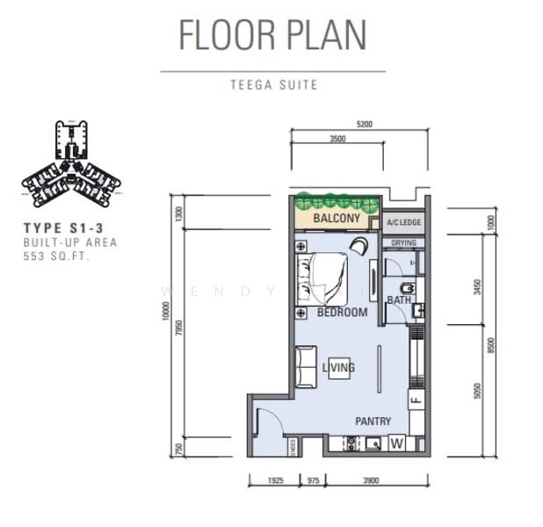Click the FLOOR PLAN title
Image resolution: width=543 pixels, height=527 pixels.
[x=272, y=34]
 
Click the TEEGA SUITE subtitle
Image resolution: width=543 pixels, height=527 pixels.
[x=272, y=85]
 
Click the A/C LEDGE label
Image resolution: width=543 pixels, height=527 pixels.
[x=403, y=223]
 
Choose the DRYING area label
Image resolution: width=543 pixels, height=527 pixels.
[x=404, y=242]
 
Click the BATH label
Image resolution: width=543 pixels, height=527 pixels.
[x=399, y=300]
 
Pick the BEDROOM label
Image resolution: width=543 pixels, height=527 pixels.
[x=342, y=312]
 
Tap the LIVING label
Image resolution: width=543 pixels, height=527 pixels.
[x=338, y=367]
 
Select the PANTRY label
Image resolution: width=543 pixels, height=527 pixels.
[x=373, y=422]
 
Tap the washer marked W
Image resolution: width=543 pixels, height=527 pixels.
[x=396, y=444]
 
